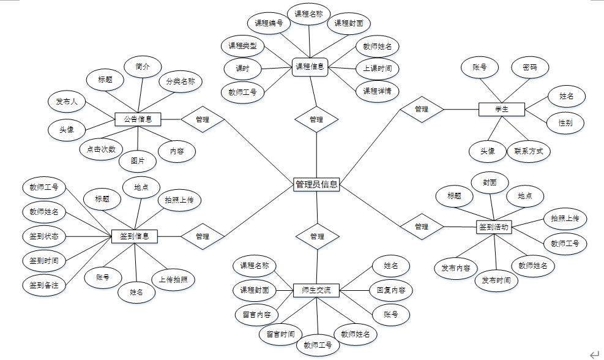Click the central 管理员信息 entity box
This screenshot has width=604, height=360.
316,184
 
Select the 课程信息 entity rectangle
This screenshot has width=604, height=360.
310,66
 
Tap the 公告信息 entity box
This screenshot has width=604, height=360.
138,119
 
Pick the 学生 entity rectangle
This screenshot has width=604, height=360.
501,109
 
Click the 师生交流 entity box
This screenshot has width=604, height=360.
316,290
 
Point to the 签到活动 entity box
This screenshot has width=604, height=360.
493,227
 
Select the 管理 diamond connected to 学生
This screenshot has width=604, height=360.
421,109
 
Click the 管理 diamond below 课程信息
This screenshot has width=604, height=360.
316,119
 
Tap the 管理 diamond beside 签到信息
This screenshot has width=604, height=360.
203,236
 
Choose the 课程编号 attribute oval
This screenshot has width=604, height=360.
269,23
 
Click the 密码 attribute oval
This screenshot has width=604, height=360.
530,67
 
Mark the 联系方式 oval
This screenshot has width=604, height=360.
529,151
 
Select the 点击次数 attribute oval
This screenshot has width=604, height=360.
102,149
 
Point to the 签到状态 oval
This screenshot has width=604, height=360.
44,236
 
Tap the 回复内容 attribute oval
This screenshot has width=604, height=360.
390,290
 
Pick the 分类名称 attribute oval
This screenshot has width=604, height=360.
181,81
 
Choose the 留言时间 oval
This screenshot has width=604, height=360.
280,334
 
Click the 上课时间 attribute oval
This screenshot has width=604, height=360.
377,68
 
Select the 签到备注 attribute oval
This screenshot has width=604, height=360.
44,285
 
